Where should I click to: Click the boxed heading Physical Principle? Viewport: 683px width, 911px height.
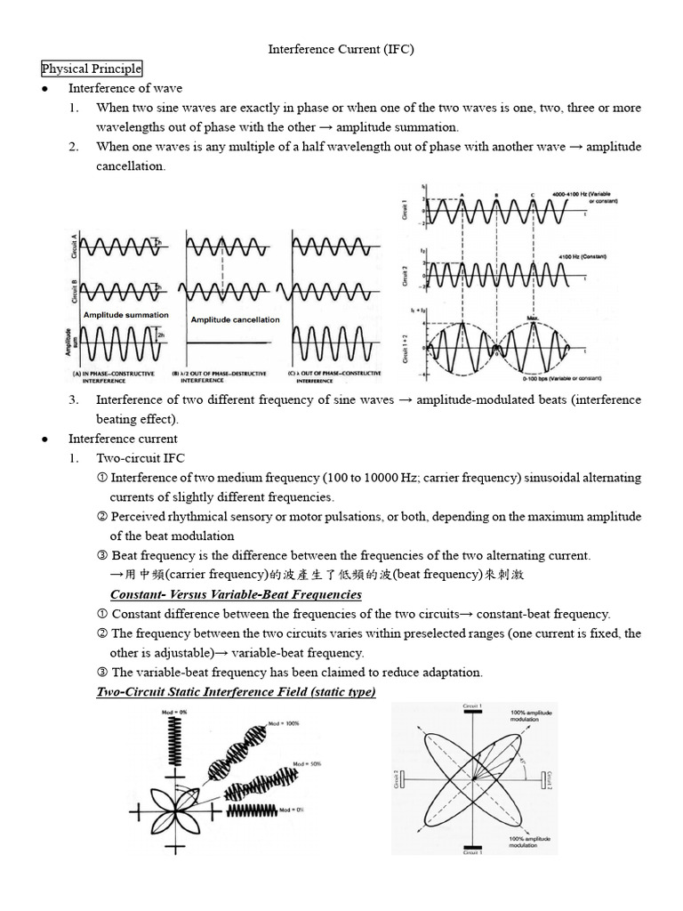(92, 69)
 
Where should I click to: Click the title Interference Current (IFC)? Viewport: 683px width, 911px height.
(341, 49)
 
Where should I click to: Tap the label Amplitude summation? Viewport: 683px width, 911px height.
(125, 315)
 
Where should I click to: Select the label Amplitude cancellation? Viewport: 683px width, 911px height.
(235, 319)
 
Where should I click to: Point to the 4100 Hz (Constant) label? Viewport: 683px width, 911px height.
(583, 256)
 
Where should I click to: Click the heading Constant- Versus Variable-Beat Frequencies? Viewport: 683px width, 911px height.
(235, 593)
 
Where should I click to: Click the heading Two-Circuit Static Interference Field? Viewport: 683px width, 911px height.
(236, 691)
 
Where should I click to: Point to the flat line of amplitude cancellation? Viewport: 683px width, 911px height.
(235, 343)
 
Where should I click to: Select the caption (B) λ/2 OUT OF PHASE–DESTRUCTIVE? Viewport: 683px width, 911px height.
(235, 376)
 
